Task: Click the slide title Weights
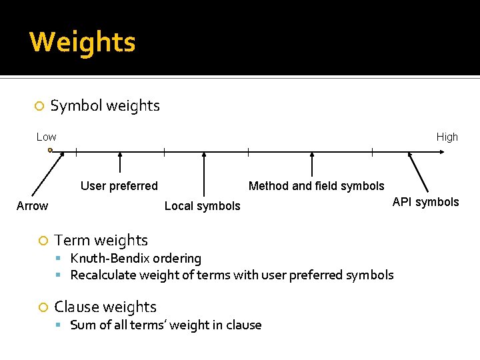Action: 83,42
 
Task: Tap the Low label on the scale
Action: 47,137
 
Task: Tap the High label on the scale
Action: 447,137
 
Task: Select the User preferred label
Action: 119,186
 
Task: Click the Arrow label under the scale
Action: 32,206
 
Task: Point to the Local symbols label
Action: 202,206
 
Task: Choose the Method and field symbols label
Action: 316,186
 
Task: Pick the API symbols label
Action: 425,202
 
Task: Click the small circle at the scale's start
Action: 50,151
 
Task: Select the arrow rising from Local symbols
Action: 204,175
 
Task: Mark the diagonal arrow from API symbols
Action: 419,173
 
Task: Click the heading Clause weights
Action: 105,307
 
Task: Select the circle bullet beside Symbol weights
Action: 39,106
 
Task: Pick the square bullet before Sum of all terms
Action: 59,325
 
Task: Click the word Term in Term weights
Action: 70,240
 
